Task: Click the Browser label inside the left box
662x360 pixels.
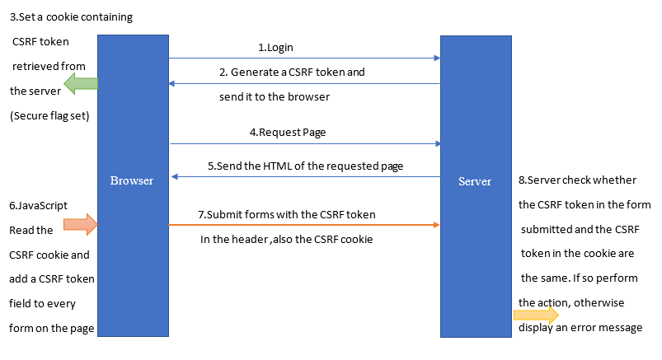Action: pyautogui.click(x=132, y=180)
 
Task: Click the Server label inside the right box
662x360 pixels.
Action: pyautogui.click(x=475, y=181)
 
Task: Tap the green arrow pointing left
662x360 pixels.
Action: pyautogui.click(x=82, y=82)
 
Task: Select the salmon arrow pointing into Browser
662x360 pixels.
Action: pyautogui.click(x=81, y=222)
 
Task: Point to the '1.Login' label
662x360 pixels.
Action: pyautogui.click(x=275, y=48)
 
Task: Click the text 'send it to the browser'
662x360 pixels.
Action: pyautogui.click(x=275, y=96)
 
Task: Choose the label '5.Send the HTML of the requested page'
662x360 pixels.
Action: pyautogui.click(x=305, y=166)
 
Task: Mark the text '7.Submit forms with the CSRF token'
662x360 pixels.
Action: pyautogui.click(x=287, y=214)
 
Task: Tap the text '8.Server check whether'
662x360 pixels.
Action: pyautogui.click(x=575, y=180)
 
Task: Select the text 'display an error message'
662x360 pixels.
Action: pyautogui.click(x=580, y=328)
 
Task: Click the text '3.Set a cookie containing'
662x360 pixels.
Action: pyautogui.click(x=70, y=16)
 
